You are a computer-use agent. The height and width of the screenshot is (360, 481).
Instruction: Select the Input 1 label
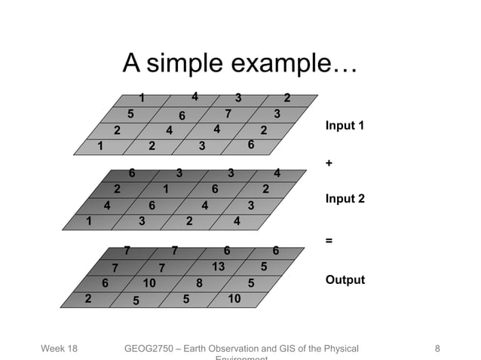pyautogui.click(x=345, y=125)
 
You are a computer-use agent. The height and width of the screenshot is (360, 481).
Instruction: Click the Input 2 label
pyautogui.click(x=345, y=199)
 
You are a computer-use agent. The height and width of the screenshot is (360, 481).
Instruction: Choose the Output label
pyautogui.click(x=345, y=280)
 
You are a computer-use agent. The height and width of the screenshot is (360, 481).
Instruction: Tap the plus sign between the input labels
pyautogui.click(x=328, y=163)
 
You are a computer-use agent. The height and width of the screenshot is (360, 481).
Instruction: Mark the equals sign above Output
pyautogui.click(x=328, y=240)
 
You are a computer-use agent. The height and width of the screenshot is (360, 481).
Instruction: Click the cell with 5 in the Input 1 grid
pyautogui.click(x=130, y=114)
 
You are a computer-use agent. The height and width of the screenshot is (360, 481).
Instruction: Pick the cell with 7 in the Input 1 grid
pyautogui.click(x=228, y=114)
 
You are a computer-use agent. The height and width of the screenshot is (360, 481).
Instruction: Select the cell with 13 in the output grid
pyautogui.click(x=218, y=266)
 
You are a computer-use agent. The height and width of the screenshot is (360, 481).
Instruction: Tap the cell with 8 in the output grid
pyautogui.click(x=199, y=284)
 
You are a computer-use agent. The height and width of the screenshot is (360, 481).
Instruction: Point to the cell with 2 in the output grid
pyautogui.click(x=88, y=299)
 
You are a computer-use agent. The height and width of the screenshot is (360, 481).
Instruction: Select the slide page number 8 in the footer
pyautogui.click(x=437, y=349)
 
